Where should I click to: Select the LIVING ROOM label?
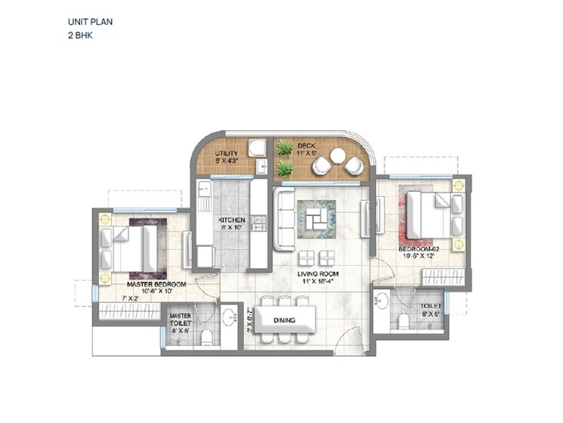click(x=317, y=273)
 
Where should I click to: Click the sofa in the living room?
click(x=285, y=220)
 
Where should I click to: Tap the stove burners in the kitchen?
click(x=259, y=223)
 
